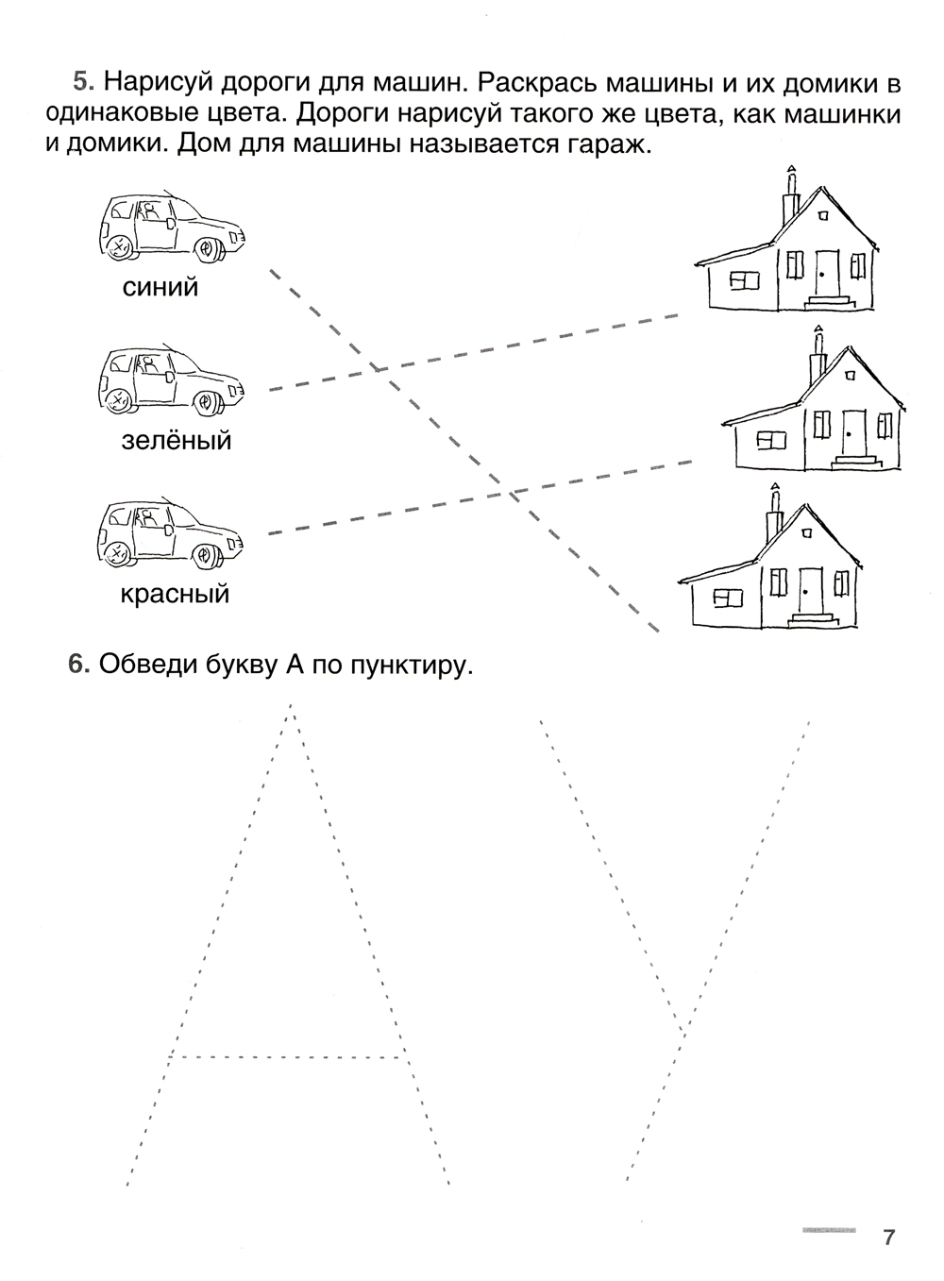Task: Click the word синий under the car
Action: click(160, 287)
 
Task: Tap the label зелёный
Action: click(177, 440)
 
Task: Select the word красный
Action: click(176, 595)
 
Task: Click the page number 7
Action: click(888, 1238)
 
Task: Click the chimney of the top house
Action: click(791, 195)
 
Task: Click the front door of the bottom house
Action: click(811, 591)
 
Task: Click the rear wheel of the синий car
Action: click(119, 247)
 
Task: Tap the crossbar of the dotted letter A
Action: click(287, 1056)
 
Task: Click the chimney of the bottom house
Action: click(776, 514)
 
